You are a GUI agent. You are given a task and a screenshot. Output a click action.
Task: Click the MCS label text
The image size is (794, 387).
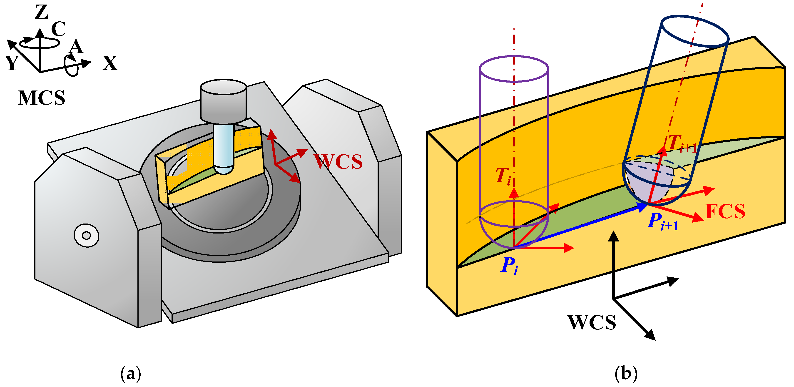point(41,98)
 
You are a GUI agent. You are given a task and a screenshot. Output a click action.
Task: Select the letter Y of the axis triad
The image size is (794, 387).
point(12,63)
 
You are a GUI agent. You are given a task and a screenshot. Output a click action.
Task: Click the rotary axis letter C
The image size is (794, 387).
point(59,29)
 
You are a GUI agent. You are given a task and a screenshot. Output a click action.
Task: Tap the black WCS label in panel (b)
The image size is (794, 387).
point(592,322)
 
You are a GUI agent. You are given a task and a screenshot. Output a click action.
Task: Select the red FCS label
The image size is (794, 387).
point(725,211)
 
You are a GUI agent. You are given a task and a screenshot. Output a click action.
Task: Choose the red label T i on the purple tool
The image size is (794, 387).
point(503,176)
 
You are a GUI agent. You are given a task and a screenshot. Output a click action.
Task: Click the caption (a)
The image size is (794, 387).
point(131,374)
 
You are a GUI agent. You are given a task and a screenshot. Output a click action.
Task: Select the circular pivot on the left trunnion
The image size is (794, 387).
point(86,236)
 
